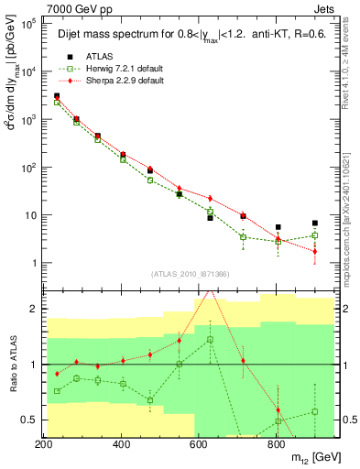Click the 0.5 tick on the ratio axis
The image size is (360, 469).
pos(31,420)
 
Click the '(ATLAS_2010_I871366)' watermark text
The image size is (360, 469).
pos(190,274)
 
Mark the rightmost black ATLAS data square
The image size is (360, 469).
pos(315,223)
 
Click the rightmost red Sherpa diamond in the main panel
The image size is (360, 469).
pos(315,251)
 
